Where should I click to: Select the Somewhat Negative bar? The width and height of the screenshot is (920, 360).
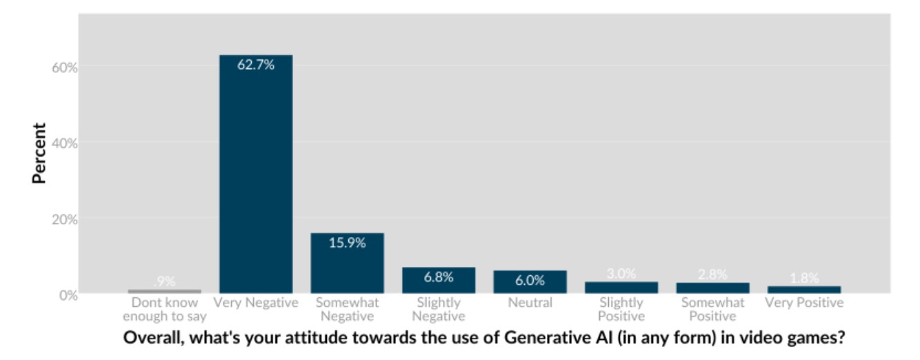(x=347, y=266)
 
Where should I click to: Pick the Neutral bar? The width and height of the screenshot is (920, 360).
(x=530, y=283)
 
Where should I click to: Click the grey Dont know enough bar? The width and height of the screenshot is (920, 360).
(x=164, y=291)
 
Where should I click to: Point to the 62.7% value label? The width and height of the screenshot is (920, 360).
(x=255, y=66)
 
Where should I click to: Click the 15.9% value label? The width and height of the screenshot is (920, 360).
(x=347, y=243)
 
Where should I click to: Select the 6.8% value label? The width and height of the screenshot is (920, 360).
(x=439, y=277)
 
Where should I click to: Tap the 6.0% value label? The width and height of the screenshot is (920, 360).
(x=530, y=281)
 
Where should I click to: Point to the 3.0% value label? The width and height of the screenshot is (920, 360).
(x=621, y=274)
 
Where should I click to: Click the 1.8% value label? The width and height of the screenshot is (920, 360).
(x=804, y=278)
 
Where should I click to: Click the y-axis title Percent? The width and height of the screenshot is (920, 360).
(x=39, y=153)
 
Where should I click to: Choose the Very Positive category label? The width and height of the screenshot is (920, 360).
(x=804, y=303)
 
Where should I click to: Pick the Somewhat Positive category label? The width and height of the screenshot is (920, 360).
(x=712, y=310)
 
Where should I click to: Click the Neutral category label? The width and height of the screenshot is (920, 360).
(x=530, y=303)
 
